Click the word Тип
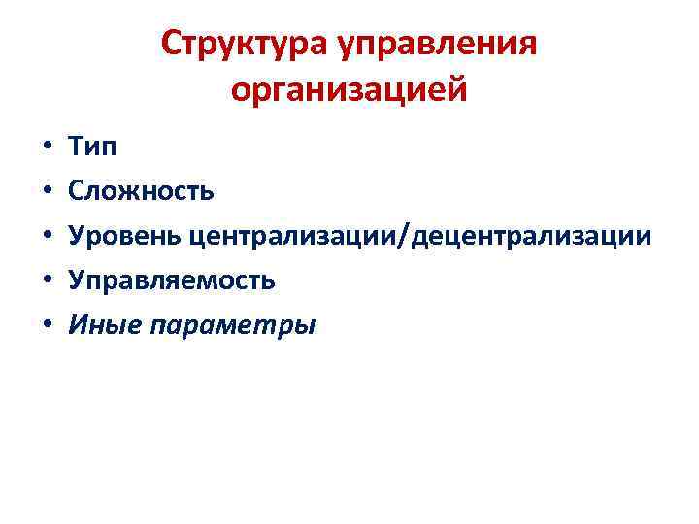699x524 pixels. [x=92, y=147]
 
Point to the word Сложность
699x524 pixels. [x=141, y=191]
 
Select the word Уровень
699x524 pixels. [x=125, y=236]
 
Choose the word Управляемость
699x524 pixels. [x=172, y=280]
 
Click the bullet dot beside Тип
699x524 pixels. [x=46, y=148]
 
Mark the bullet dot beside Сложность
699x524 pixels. [x=46, y=192]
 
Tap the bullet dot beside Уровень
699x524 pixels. [x=46, y=237]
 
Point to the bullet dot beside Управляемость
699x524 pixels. [x=46, y=281]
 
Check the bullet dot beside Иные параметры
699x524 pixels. [x=46, y=325]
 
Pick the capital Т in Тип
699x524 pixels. [x=77, y=147]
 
